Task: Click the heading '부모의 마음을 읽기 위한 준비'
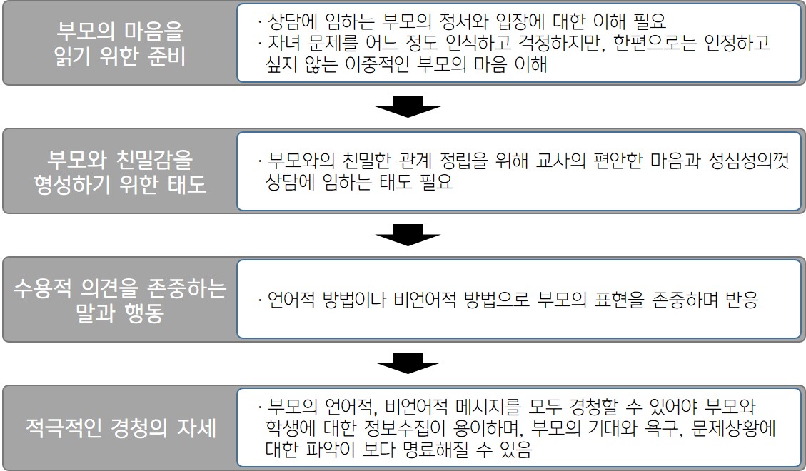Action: click(120, 44)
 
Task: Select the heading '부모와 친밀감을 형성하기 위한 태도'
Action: click(120, 171)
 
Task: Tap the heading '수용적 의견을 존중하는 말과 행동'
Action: click(120, 300)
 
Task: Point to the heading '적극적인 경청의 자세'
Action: click(120, 429)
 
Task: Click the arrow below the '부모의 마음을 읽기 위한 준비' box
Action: click(408, 108)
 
